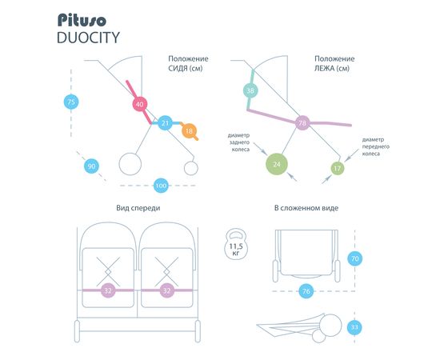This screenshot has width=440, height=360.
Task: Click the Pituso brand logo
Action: click(82, 20)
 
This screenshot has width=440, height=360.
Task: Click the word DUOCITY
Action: click(88, 38)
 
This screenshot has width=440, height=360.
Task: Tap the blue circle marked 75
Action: click(71, 102)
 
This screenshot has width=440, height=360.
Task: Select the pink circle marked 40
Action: click(140, 104)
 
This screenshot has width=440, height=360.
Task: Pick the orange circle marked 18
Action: click(189, 130)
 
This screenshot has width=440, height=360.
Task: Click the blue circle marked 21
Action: click(165, 123)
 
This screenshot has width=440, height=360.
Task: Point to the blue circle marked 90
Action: click(91, 166)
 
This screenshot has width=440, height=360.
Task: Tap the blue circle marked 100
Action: click(161, 186)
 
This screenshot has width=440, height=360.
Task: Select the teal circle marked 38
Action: click(250, 90)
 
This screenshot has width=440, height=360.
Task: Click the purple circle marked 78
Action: click(302, 123)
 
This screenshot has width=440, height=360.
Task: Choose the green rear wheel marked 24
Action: click(277, 164)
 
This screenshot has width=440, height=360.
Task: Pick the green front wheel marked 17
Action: click(338, 168)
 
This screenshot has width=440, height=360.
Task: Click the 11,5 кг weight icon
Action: click(236, 244)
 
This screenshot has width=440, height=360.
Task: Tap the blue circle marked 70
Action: click(355, 258)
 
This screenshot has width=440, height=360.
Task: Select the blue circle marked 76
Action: click(306, 291)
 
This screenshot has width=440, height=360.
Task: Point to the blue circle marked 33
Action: click(354, 327)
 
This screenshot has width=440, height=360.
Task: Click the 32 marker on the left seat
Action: click(108, 290)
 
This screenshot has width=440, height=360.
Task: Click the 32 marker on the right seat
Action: click(167, 290)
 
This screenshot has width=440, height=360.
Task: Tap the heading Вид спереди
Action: click(138, 208)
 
